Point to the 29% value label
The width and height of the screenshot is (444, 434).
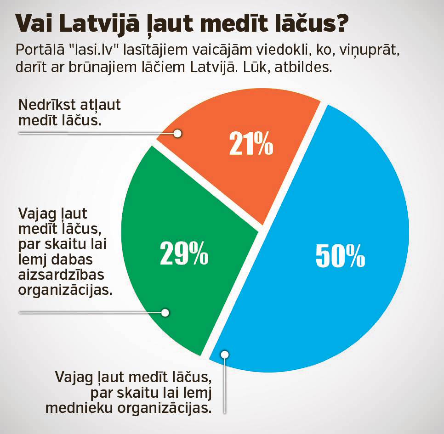click(184, 253)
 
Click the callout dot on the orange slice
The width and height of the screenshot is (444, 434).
click(178, 133)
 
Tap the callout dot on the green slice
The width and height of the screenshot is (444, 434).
click(165, 312)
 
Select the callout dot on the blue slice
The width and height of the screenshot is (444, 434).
click(224, 354)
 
